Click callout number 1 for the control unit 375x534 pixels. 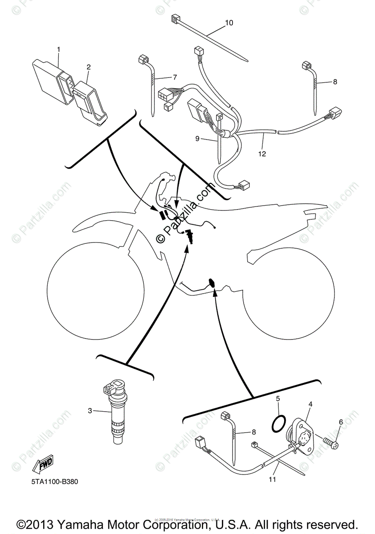(x=58, y=49)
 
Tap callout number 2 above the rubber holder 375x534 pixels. (x=89, y=67)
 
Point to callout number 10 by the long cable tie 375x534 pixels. (x=229, y=23)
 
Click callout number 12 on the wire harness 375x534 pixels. (x=262, y=154)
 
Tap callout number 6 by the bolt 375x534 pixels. (x=341, y=422)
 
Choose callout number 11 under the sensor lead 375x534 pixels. (x=273, y=480)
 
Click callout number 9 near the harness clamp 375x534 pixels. (x=197, y=138)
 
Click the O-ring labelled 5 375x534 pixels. (x=278, y=424)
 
